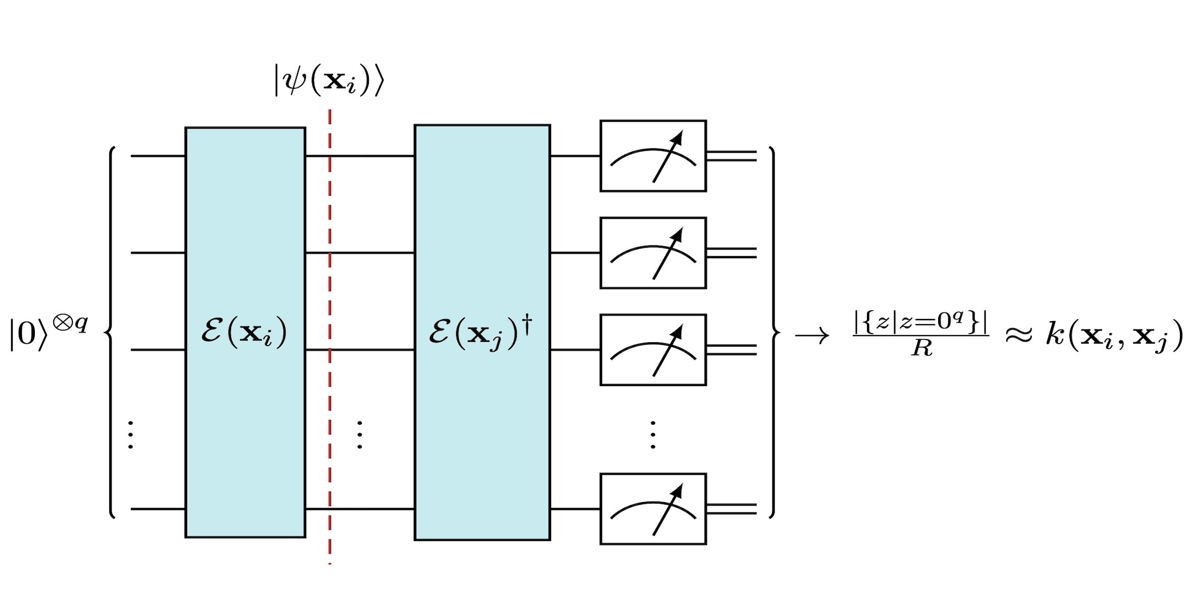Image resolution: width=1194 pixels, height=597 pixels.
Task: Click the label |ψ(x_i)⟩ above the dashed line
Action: (329, 81)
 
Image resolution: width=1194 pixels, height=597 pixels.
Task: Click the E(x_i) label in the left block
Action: (244, 332)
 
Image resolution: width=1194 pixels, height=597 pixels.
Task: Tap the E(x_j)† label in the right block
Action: (480, 332)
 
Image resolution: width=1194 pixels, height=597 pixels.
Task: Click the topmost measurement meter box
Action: (653, 156)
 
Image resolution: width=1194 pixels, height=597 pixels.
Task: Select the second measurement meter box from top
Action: (653, 253)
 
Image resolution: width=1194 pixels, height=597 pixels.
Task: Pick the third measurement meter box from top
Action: (653, 350)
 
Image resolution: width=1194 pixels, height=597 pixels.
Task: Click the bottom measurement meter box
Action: (653, 509)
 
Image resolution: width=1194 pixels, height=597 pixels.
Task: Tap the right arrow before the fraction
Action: (812, 336)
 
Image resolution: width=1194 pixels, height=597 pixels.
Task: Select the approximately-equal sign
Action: (1019, 335)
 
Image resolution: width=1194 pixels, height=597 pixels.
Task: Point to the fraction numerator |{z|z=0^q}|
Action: (920, 322)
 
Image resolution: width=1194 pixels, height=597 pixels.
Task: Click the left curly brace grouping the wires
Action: (111, 332)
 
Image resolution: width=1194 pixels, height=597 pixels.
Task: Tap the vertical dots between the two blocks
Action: (359, 435)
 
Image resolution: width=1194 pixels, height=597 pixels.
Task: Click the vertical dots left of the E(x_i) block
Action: (131, 435)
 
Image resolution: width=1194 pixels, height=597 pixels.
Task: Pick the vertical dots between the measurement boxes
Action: (653, 435)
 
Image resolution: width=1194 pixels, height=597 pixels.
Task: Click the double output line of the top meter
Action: (731, 156)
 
